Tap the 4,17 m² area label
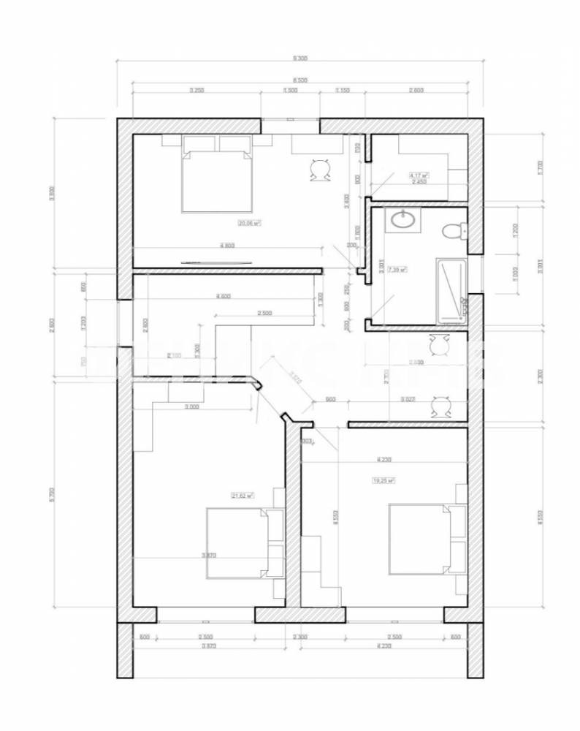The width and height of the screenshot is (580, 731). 419,175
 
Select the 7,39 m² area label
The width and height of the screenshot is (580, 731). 398,269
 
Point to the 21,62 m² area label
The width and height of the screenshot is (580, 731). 242,496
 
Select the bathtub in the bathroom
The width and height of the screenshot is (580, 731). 451,289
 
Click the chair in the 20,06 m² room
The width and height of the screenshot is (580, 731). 318,170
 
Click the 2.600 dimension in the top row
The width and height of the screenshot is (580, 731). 416,90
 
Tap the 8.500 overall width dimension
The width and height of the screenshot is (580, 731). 299,79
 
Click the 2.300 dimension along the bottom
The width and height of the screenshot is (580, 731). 299,637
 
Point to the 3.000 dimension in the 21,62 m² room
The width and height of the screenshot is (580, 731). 192,406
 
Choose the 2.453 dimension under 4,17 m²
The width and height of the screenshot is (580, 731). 419,182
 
